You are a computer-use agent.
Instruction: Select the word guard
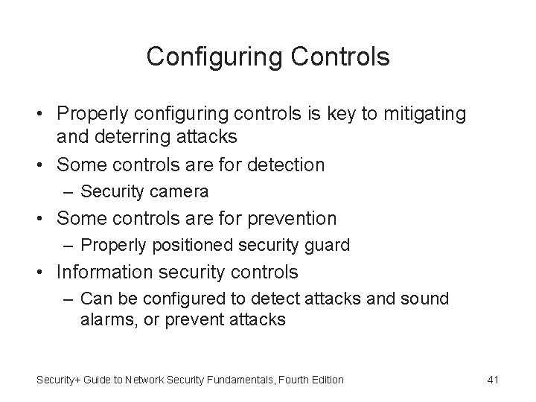coord(328,245)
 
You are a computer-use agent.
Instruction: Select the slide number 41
coord(492,380)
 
